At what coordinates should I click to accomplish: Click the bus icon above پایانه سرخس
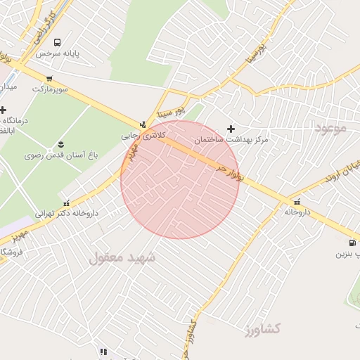coord(56,42)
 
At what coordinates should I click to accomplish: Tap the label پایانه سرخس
coord(56,53)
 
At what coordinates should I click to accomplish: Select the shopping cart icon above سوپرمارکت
coord(49,79)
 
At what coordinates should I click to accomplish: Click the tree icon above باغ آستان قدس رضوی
coord(60,143)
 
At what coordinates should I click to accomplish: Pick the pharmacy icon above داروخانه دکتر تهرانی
coord(67,202)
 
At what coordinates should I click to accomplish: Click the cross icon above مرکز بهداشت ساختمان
coord(231,129)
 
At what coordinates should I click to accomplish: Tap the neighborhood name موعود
coord(332,129)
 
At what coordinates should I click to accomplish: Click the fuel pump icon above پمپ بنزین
coord(352,243)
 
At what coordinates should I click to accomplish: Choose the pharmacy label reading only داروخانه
coord(297,211)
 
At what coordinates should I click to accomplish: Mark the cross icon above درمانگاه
coord(4,110)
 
